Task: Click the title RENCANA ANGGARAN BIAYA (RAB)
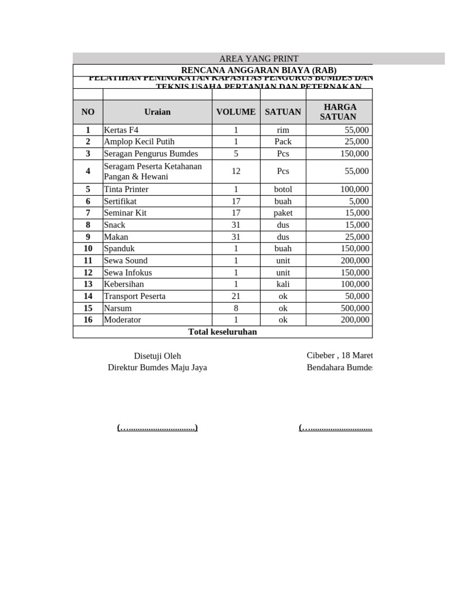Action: [258, 70]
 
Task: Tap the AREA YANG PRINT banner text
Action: [258, 59]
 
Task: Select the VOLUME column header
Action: [236, 112]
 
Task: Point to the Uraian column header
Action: [157, 112]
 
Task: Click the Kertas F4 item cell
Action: [122, 130]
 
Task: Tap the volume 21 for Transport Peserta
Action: [236, 297]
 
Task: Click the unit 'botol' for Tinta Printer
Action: [283, 190]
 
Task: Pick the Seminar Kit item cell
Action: [125, 213]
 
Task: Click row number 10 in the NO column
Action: [88, 249]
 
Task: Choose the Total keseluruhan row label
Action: [222, 332]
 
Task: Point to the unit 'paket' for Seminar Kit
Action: [283, 213]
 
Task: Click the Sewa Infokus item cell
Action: [128, 273]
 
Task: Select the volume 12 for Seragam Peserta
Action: [236, 172]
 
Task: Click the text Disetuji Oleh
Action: [157, 356]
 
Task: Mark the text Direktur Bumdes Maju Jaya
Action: [157, 368]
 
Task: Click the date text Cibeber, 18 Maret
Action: [339, 356]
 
